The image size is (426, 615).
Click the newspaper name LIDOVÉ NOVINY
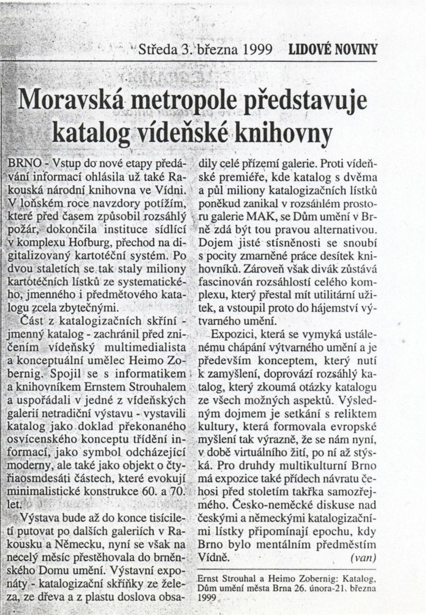[333, 49]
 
